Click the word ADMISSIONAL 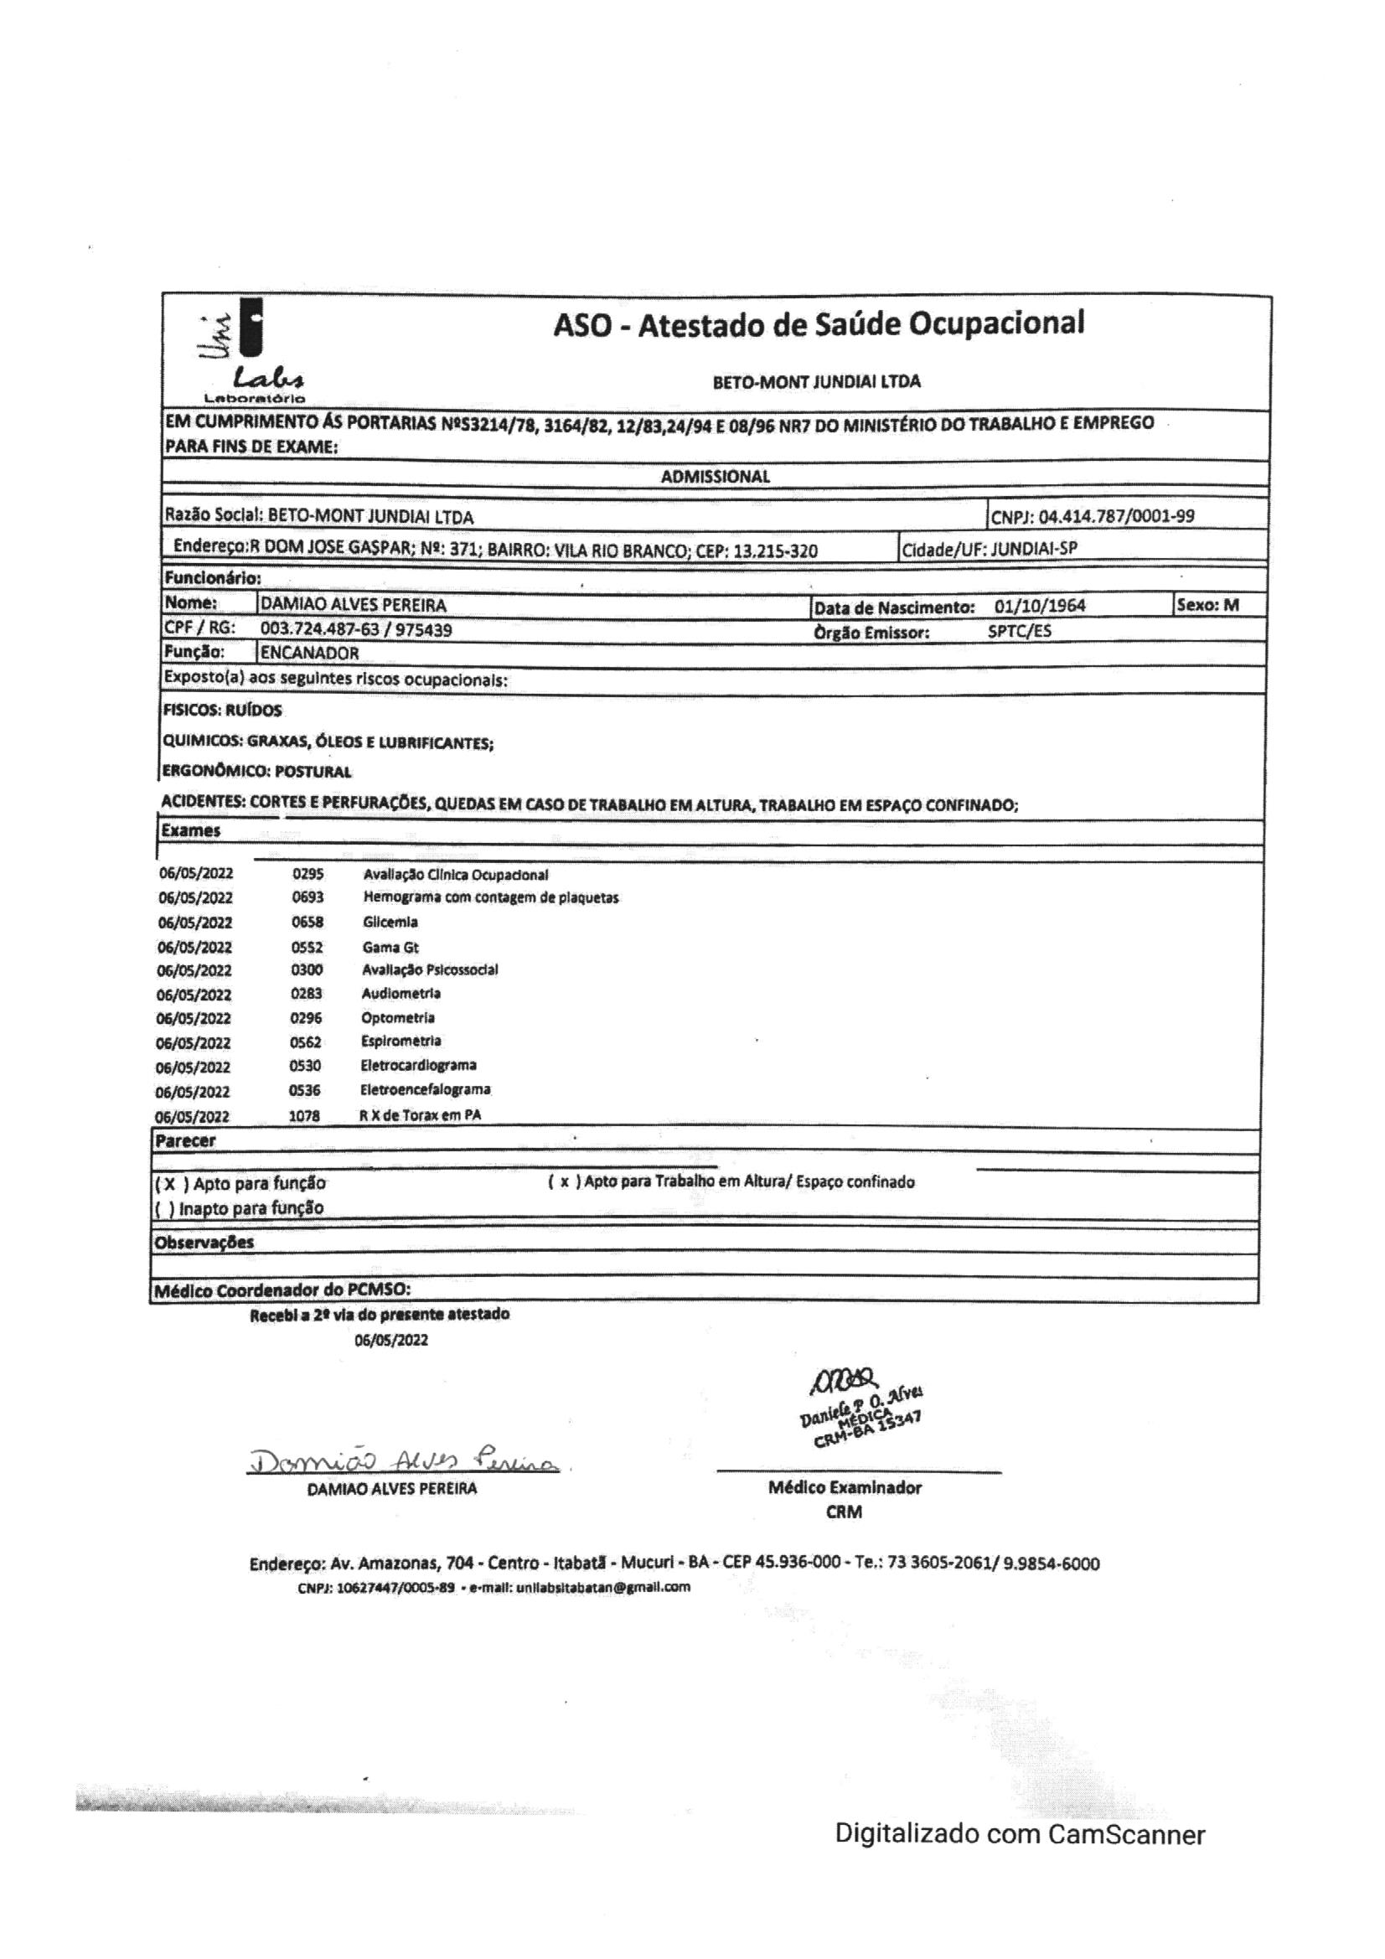tap(715, 477)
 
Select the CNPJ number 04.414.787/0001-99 tap(1116, 516)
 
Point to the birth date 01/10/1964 tap(1040, 607)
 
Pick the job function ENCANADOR tap(310, 654)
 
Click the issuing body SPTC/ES tap(1019, 632)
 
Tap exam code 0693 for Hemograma tap(307, 897)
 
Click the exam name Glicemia tap(390, 923)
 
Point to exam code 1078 tap(304, 1115)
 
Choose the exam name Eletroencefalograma tap(425, 1089)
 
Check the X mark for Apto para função tap(170, 1184)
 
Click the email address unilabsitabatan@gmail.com tap(602, 1588)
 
